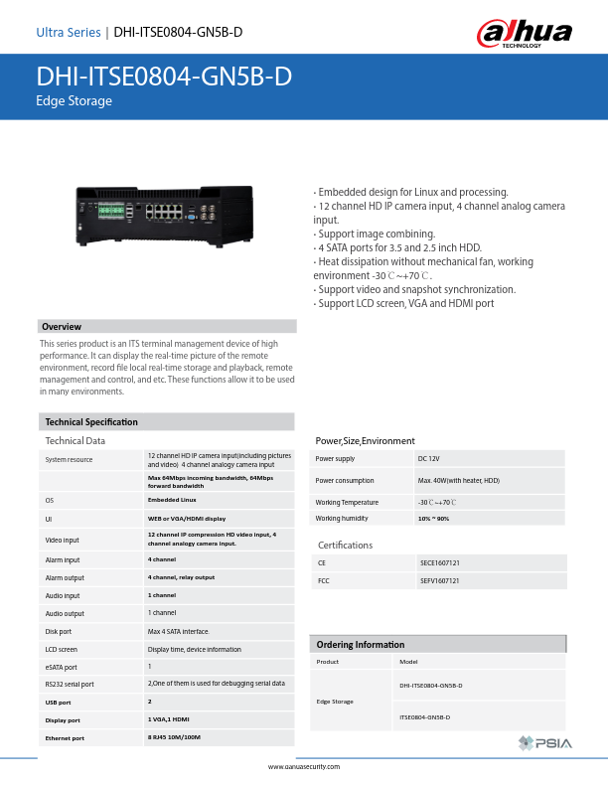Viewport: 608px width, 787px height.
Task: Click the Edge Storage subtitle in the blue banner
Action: point(74,101)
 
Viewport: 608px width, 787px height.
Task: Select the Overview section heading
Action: point(62,327)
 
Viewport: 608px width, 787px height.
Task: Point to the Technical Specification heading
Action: point(91,422)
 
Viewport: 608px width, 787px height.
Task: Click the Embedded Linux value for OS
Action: point(170,500)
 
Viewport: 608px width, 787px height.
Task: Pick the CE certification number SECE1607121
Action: point(440,562)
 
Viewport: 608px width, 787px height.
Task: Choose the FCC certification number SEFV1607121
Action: point(440,579)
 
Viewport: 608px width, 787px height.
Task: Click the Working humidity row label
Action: point(341,518)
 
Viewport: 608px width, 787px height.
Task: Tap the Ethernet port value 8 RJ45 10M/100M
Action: point(174,738)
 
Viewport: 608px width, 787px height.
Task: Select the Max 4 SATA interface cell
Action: point(178,631)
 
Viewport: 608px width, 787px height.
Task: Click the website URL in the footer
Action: point(304,767)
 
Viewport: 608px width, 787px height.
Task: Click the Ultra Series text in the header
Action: point(68,33)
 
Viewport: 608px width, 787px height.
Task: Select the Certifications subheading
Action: point(345,546)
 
